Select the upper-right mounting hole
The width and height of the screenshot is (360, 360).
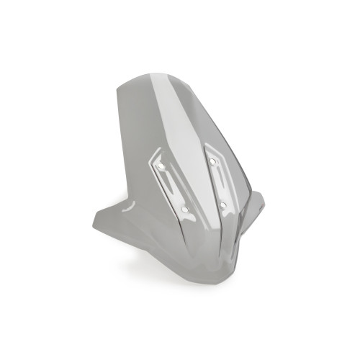214,163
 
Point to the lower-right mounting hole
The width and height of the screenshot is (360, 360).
224,205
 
